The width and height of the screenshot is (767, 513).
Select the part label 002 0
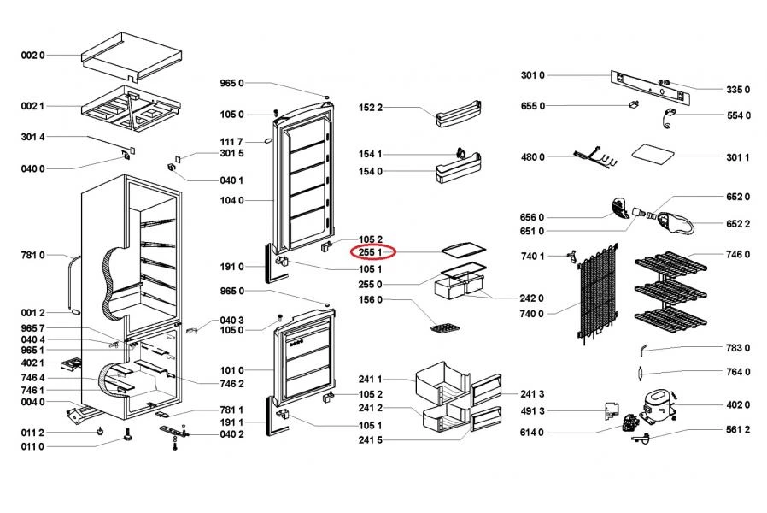coord(32,55)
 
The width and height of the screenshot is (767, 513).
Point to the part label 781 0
coord(32,255)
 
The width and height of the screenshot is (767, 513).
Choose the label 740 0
coord(532,314)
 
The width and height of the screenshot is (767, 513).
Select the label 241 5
coord(371,439)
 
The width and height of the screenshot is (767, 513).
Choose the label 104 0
coord(231,200)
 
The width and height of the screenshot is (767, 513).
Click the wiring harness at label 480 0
coord(595,157)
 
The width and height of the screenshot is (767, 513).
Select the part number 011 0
coord(32,446)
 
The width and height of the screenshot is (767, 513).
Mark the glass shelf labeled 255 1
coord(461,251)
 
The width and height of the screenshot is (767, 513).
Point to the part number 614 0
coord(532,433)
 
